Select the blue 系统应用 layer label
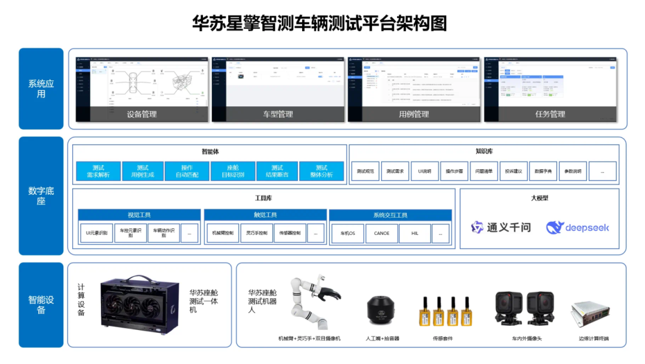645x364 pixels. click(x=41, y=88)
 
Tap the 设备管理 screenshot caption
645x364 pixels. click(x=142, y=114)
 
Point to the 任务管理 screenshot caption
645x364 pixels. click(x=549, y=114)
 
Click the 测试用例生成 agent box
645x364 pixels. click(x=142, y=172)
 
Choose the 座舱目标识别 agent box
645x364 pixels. click(x=232, y=172)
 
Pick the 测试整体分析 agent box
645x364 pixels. click(x=321, y=172)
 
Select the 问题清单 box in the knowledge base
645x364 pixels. click(x=484, y=172)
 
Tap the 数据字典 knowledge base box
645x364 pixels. click(x=543, y=172)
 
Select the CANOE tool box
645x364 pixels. click(x=381, y=233)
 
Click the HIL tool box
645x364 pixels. click(x=414, y=233)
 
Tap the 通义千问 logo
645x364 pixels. click(x=500, y=227)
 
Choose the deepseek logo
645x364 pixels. click(x=577, y=227)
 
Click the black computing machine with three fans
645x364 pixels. click(x=140, y=305)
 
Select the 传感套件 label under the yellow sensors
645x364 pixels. click(x=443, y=339)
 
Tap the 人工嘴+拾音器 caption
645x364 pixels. click(x=383, y=339)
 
